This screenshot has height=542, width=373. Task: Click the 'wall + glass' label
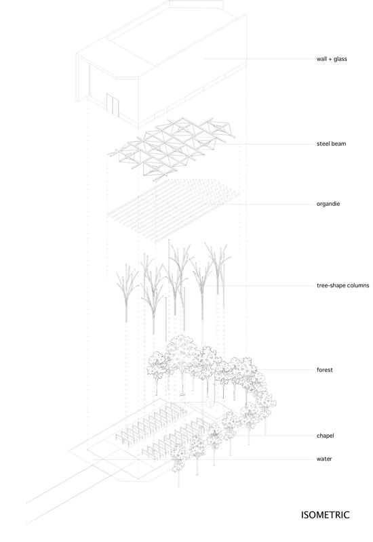(x=332, y=59)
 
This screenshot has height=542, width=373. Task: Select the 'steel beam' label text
(x=331, y=144)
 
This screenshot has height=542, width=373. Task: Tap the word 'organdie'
(x=328, y=204)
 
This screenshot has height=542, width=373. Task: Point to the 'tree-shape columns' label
(x=342, y=285)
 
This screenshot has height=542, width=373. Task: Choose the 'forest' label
(x=325, y=370)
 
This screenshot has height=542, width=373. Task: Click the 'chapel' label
(x=326, y=436)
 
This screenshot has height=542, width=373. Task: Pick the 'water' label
(x=324, y=459)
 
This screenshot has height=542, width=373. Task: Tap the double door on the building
(x=113, y=104)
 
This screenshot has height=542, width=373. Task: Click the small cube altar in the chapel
(x=210, y=403)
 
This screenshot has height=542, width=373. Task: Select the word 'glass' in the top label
(x=340, y=59)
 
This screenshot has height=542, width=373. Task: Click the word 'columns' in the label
(x=357, y=285)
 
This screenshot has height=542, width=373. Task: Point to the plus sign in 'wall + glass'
(x=330, y=59)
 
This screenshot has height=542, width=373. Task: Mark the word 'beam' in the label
(x=338, y=144)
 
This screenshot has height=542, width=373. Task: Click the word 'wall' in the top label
(x=321, y=59)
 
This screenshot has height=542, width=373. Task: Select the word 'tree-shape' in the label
(x=330, y=285)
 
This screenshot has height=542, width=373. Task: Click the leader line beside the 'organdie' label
(x=268, y=204)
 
